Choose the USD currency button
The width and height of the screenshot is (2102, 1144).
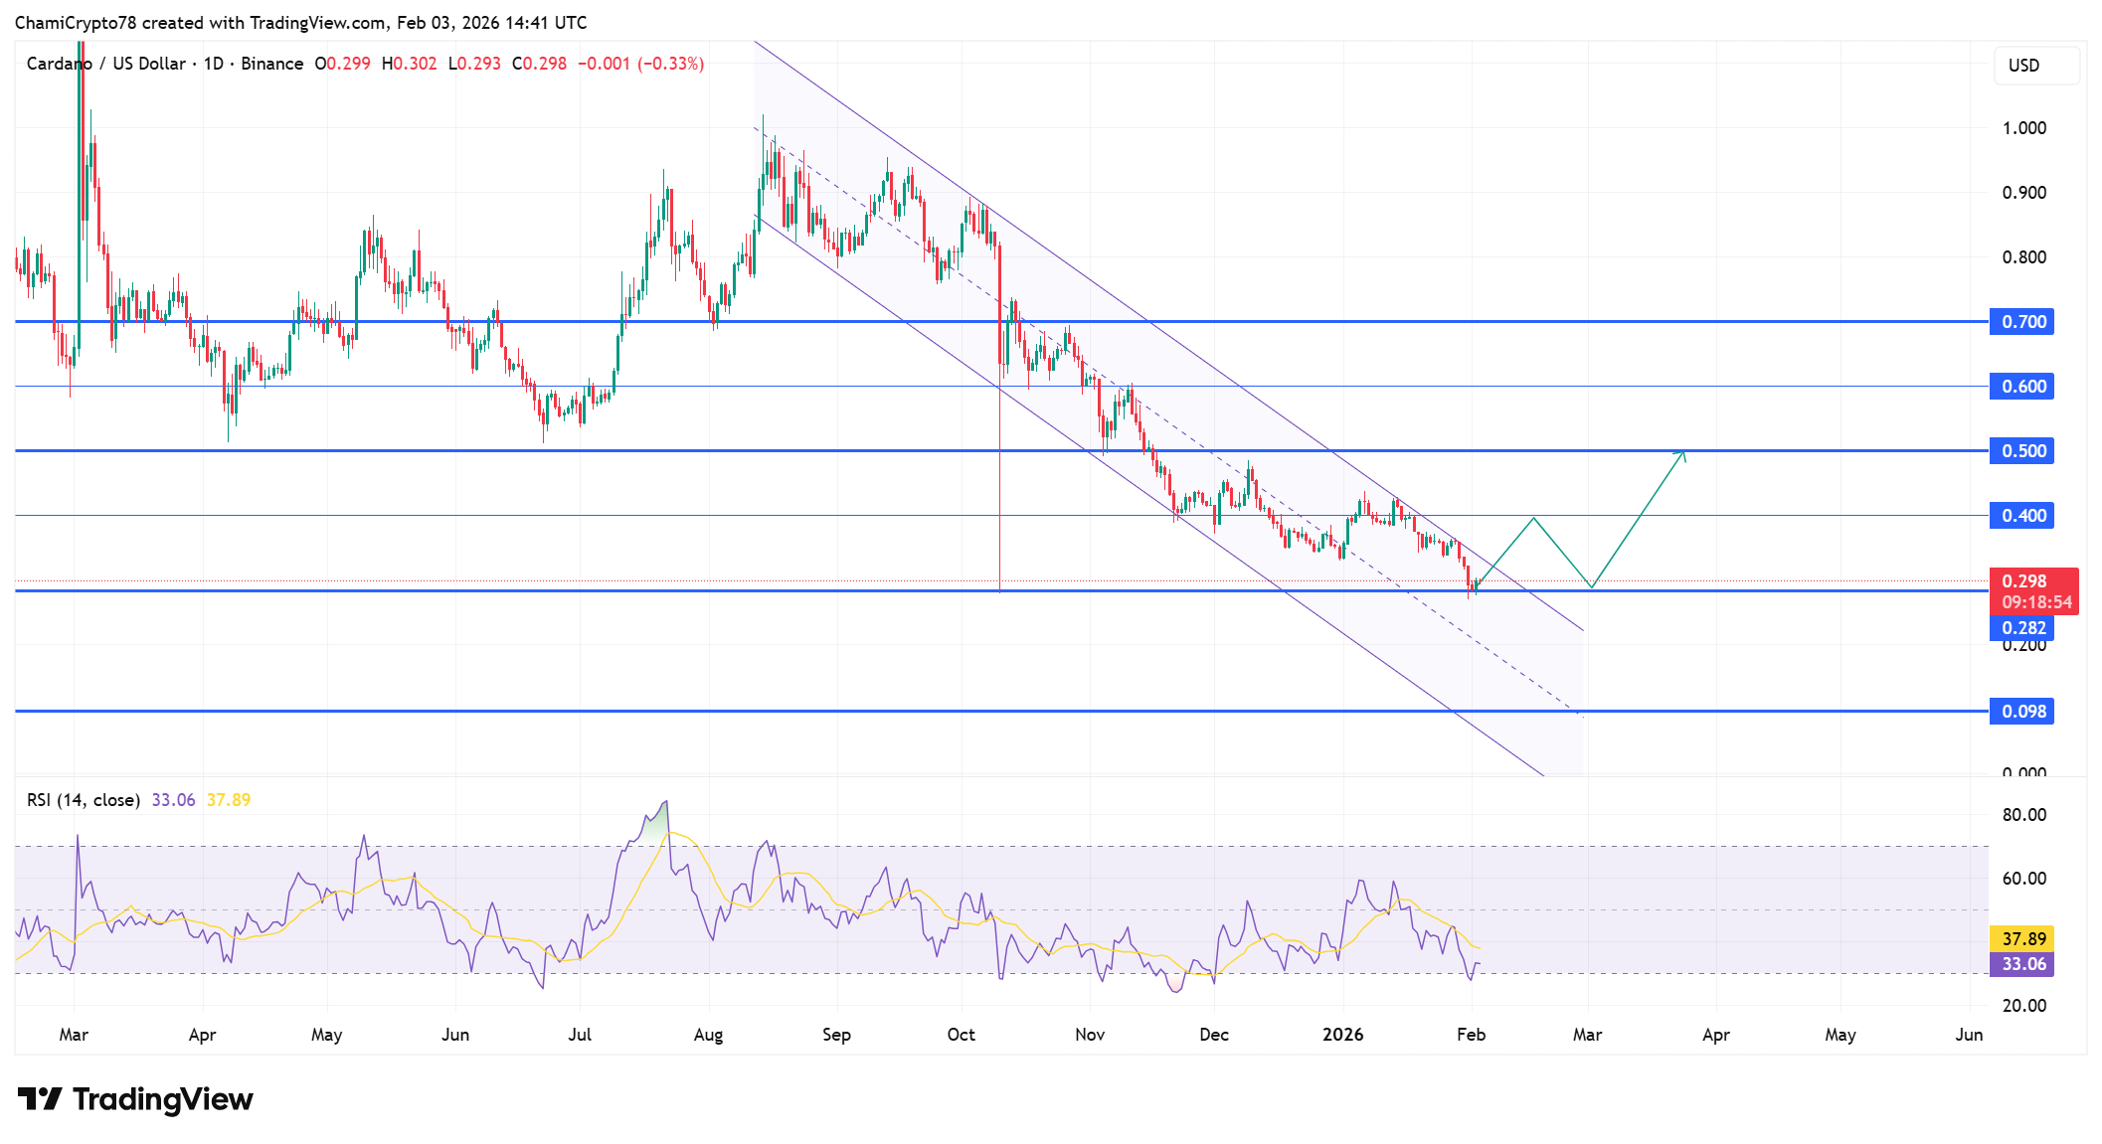pyautogui.click(x=2035, y=66)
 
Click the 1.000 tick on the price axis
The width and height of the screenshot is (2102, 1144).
pyautogui.click(x=2023, y=128)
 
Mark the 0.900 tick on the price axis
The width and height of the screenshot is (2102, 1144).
pyautogui.click(x=2023, y=193)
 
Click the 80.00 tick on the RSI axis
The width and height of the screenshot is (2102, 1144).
pyautogui.click(x=2023, y=815)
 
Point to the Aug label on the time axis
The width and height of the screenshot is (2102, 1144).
pyautogui.click(x=708, y=1035)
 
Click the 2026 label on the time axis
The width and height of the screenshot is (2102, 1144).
pyautogui.click(x=1342, y=1035)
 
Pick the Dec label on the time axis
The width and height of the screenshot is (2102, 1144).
pyautogui.click(x=1213, y=1035)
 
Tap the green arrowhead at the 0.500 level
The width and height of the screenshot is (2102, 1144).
pyautogui.click(x=1682, y=454)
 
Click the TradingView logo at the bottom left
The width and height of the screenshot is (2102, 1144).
pyautogui.click(x=135, y=1099)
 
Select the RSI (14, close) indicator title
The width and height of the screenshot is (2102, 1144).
pyautogui.click(x=84, y=800)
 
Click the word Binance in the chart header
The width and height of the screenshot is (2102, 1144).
pyautogui.click(x=271, y=64)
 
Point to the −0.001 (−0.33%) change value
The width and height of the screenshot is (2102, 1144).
pyautogui.click(x=641, y=64)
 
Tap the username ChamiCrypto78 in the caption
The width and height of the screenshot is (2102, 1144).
pyautogui.click(x=76, y=23)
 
